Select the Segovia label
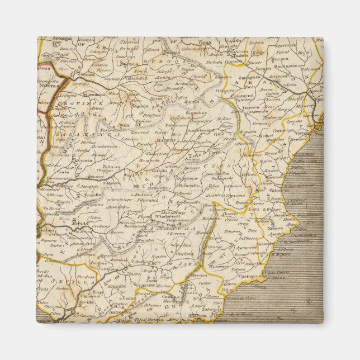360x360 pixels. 139,106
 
